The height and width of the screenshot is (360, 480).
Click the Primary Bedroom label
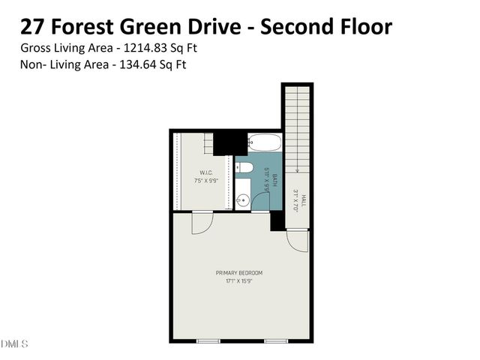(239, 272)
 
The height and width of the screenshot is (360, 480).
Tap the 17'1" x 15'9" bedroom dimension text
(239, 281)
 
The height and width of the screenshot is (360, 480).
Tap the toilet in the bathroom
(244, 168)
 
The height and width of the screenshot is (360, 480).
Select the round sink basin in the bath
(242, 199)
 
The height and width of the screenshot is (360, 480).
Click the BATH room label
(275, 180)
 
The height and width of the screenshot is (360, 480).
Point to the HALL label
(303, 201)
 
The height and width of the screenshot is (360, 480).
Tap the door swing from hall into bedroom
(297, 239)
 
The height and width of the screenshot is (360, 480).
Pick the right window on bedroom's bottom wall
(275, 341)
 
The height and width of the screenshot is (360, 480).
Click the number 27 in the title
(31, 27)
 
